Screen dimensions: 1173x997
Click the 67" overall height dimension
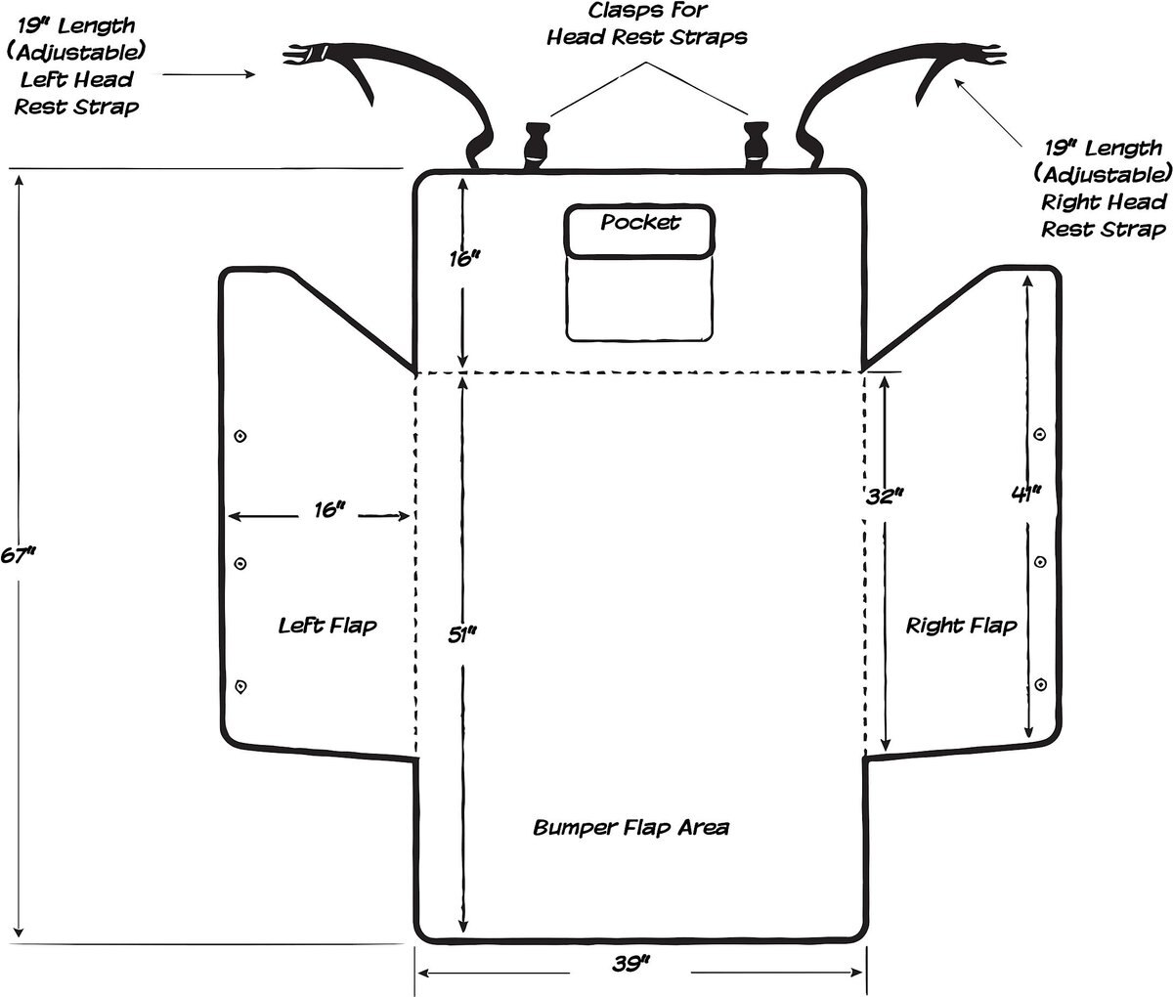[18, 555]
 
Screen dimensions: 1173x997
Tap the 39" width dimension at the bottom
[631, 963]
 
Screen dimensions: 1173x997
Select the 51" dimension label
[462, 635]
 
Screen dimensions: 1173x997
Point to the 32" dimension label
[884, 497]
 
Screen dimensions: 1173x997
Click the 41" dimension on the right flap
[1026, 494]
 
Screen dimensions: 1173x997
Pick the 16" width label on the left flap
[329, 510]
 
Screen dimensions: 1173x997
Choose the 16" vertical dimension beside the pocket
[464, 259]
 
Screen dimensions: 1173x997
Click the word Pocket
[640, 222]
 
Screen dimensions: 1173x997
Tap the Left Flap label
[327, 626]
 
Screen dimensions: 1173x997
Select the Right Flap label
[961, 626]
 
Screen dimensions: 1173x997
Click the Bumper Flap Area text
[631, 827]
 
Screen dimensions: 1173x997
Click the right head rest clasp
[756, 145]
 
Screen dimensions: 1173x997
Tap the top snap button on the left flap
[240, 436]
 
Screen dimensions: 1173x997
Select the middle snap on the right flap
[1040, 562]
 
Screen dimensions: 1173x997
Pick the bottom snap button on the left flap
[240, 686]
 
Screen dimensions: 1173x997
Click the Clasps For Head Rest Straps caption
[647, 24]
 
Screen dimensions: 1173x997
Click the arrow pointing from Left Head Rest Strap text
[209, 73]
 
